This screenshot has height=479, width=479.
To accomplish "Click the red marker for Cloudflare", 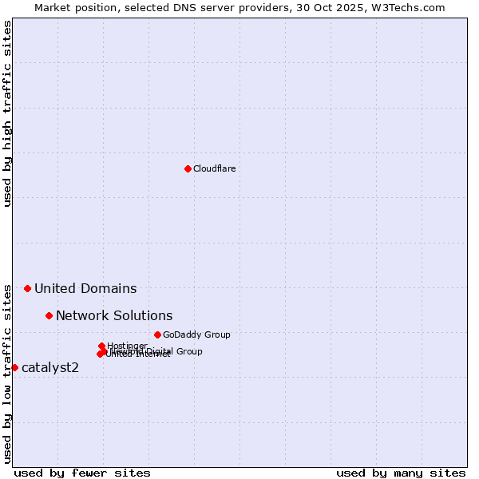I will point(188,168).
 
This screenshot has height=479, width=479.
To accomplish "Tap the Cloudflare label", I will point(214,168).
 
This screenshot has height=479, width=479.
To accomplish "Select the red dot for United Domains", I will point(27,288).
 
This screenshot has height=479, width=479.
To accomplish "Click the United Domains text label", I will point(85,289).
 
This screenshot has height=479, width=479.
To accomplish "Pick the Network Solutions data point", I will point(49,315).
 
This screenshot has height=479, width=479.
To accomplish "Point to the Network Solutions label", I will point(114,316).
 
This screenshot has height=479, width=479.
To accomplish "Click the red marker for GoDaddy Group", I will point(157,335).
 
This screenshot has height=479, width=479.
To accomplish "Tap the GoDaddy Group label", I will point(196,335).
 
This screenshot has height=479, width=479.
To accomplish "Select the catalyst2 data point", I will point(14,367).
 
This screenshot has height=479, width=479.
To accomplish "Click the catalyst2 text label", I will point(50,368).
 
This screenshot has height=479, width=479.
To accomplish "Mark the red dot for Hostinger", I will point(101,346).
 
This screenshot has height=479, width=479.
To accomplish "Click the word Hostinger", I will point(127,346).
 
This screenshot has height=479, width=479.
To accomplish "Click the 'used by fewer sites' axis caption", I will point(82,473).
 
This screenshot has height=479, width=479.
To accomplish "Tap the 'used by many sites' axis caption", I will point(401,473).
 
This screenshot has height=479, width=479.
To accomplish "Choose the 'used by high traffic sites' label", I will point(7,114).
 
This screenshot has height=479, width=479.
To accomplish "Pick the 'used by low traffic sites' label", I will point(7,373).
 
